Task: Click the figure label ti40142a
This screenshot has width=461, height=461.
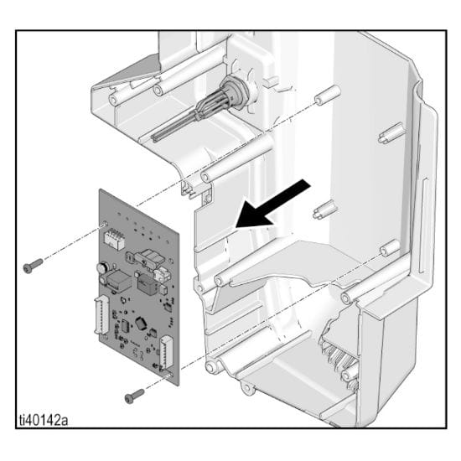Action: point(44,420)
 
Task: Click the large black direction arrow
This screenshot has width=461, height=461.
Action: point(272,205)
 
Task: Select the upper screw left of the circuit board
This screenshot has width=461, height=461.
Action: point(33,266)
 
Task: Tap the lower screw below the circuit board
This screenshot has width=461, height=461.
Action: point(134,396)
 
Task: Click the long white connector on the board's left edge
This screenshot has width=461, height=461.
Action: point(101,314)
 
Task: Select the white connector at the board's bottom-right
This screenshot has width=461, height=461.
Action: point(166,352)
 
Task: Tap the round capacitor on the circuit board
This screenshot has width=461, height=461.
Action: point(102,268)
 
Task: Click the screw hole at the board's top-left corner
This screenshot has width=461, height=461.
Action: point(105,225)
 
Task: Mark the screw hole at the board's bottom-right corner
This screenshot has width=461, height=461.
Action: point(169,376)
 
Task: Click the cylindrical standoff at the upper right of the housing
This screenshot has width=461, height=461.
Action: point(328,95)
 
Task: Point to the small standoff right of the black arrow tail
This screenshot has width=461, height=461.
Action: point(324,210)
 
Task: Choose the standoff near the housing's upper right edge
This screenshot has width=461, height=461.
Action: point(391,133)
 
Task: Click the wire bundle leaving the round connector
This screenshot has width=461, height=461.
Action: point(188,120)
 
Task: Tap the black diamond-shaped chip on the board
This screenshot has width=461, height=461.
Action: point(141,323)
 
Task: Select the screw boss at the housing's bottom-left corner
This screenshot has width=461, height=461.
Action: point(213,366)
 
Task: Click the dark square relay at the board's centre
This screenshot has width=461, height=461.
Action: point(147,284)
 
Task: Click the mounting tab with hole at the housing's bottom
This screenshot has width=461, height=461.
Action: point(247,387)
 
